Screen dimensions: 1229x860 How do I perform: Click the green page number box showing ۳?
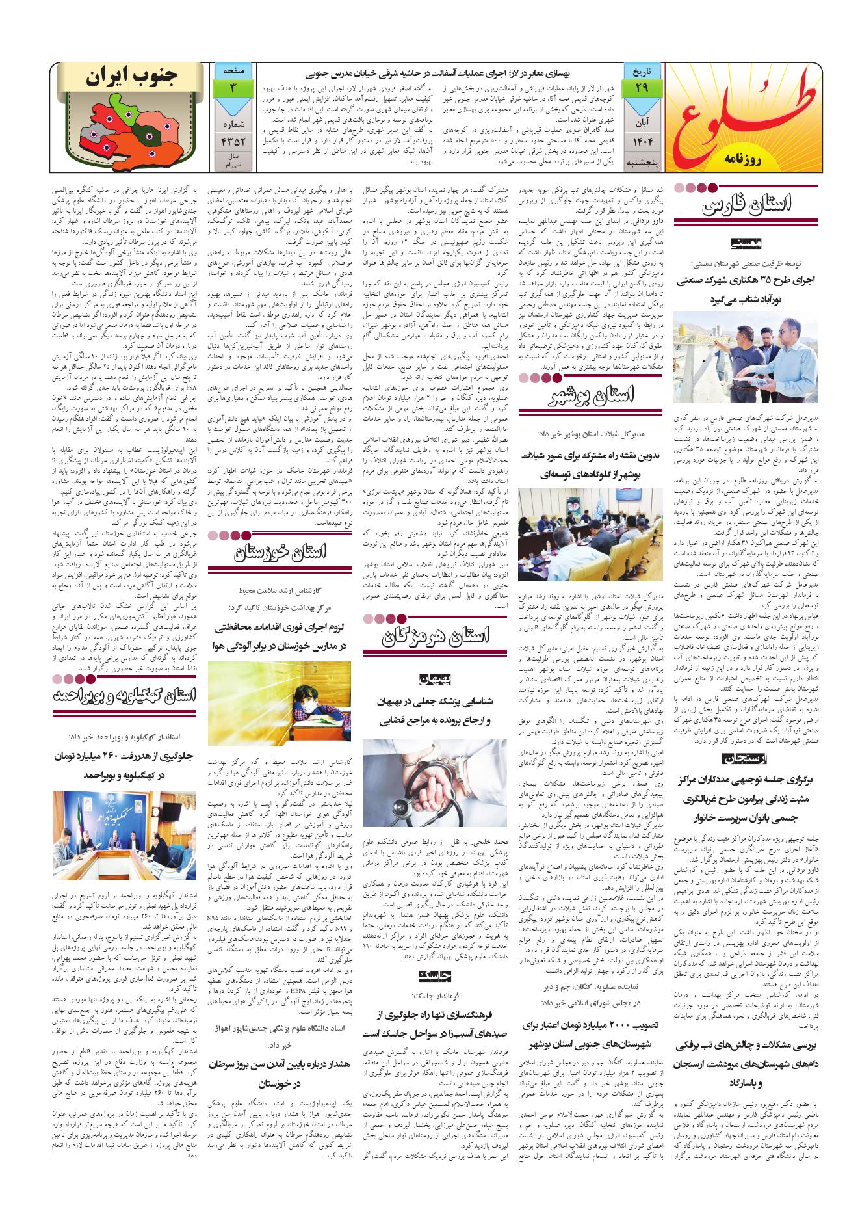coord(232,87)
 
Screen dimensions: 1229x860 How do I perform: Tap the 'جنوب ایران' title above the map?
coord(132,77)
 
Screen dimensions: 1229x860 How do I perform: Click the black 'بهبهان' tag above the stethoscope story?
coord(443,678)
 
